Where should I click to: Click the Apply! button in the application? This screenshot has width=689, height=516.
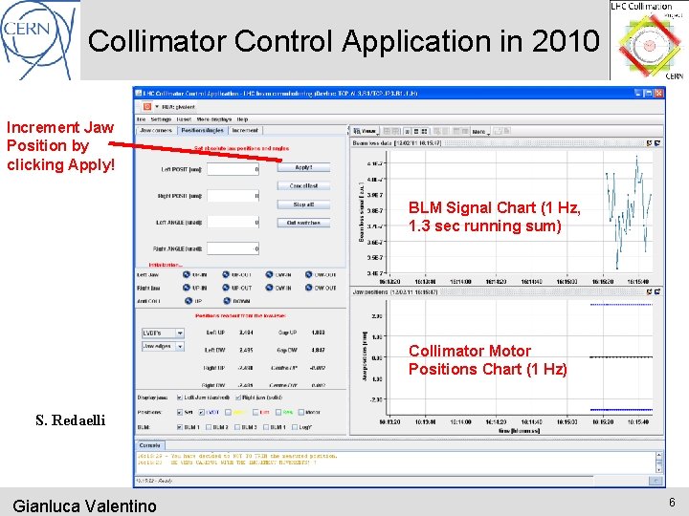tap(303, 168)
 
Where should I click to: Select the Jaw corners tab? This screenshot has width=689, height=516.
tap(156, 130)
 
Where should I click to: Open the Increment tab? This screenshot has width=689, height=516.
tap(245, 130)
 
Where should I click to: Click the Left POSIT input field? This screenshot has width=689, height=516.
tap(233, 169)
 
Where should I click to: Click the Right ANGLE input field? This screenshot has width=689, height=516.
tap(233, 247)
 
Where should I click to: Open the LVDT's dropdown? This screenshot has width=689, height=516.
tap(163, 333)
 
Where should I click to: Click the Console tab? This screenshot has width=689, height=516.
tap(150, 445)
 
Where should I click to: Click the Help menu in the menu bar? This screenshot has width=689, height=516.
tap(242, 119)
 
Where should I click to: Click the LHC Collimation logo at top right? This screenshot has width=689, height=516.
tap(647, 40)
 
